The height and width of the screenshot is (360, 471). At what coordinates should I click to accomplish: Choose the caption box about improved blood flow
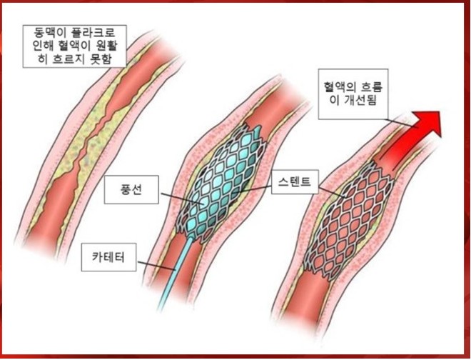(353, 95)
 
